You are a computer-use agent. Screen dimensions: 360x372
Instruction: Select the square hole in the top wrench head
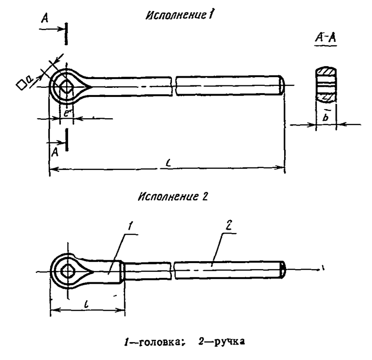66,87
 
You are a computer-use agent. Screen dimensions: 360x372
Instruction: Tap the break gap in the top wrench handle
174,86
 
